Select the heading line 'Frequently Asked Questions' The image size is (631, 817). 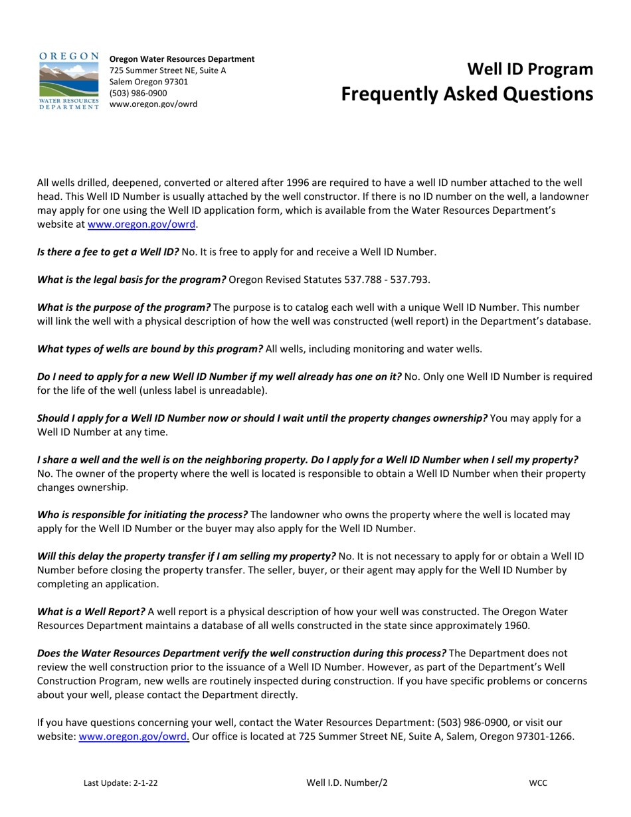pos(467,94)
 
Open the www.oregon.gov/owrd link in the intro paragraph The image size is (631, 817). pos(142,225)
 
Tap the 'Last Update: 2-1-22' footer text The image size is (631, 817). pos(120,783)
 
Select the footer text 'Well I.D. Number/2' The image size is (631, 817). pos(347,783)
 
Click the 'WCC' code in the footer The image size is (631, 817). pos(538,783)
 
